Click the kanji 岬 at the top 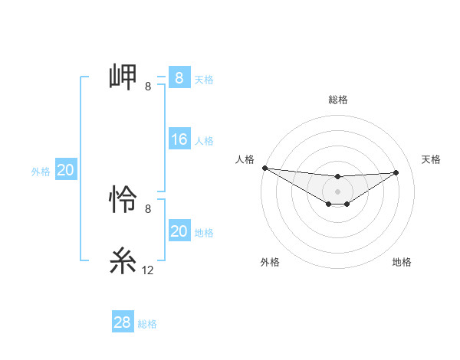click(x=123, y=77)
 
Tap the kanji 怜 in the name click(x=123, y=201)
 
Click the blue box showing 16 click(x=179, y=139)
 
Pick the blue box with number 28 click(x=123, y=322)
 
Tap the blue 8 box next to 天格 click(x=179, y=78)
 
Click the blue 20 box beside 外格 click(x=66, y=170)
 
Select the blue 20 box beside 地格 click(x=179, y=231)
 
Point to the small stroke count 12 click(x=148, y=270)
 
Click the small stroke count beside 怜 click(x=148, y=209)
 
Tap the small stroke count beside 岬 click(x=148, y=87)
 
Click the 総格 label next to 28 click(x=147, y=324)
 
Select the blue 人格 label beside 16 click(x=204, y=141)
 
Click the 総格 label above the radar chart click(x=337, y=100)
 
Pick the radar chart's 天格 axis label click(x=431, y=159)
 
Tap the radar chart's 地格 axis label click(x=402, y=262)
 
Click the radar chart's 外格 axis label click(x=270, y=262)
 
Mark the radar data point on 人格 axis click(x=264, y=168)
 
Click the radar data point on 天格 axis click(x=396, y=172)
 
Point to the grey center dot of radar click(x=337, y=191)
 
